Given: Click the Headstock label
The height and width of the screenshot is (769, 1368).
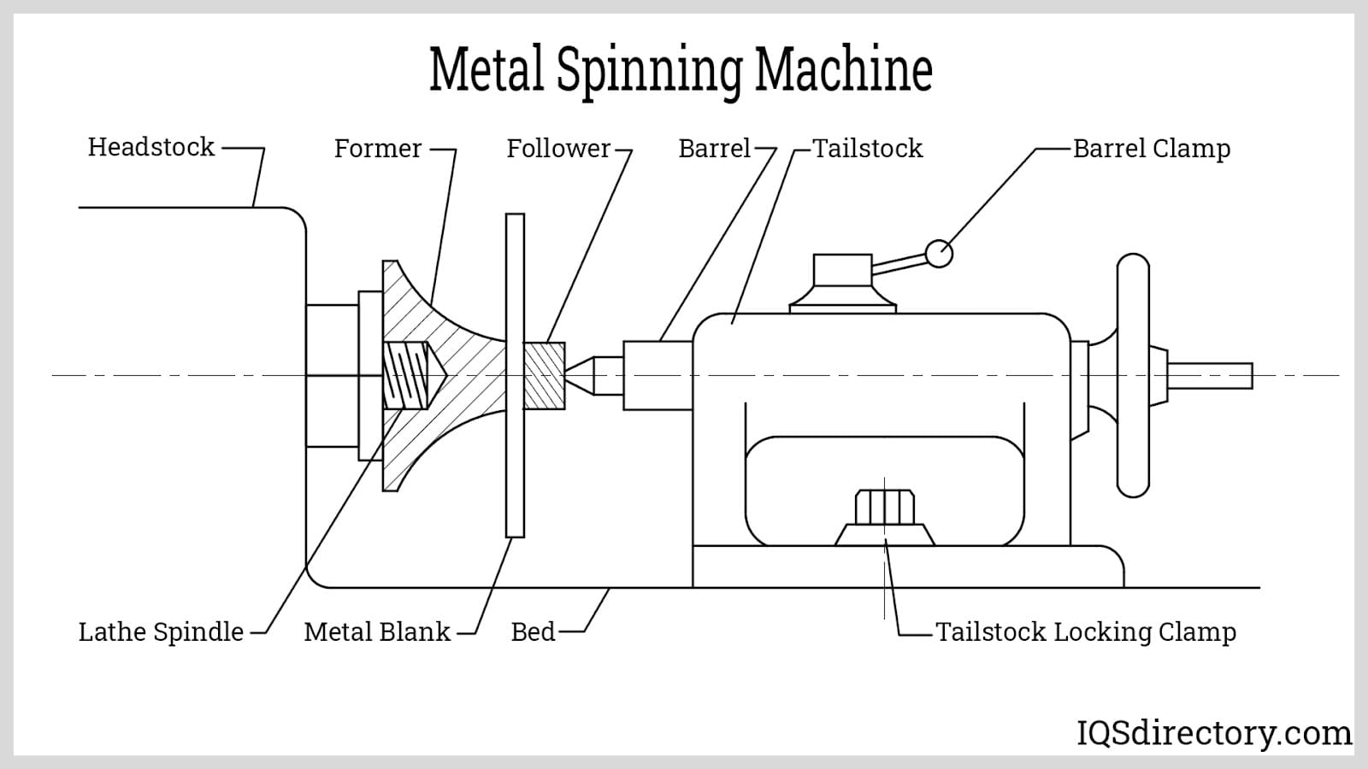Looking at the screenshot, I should click(x=150, y=147).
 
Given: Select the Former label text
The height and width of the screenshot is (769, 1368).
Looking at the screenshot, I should click(x=377, y=149).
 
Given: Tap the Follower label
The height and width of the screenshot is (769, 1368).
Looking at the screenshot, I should click(x=558, y=149).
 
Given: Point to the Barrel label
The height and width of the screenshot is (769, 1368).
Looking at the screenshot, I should click(x=714, y=149).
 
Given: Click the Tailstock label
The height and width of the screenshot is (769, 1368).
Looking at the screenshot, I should click(x=867, y=149).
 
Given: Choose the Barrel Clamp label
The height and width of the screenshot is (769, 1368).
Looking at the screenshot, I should click(x=1151, y=149).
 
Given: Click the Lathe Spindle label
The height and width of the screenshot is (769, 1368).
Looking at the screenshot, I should click(x=161, y=632).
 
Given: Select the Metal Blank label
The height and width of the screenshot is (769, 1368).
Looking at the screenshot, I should click(x=376, y=632).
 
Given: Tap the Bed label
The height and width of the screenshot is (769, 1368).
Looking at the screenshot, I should click(x=533, y=632).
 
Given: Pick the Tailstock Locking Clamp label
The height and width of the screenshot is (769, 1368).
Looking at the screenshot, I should click(x=1085, y=632).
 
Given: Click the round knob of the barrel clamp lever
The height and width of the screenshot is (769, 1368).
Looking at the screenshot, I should click(x=939, y=254).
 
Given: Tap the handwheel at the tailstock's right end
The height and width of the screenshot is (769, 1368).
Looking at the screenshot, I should click(x=1133, y=375).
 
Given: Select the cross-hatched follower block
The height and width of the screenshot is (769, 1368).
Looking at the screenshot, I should click(x=544, y=375).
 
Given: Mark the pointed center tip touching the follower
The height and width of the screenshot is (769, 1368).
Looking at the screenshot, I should click(x=578, y=375).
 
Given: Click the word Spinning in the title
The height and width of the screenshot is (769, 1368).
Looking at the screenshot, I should click(x=649, y=70).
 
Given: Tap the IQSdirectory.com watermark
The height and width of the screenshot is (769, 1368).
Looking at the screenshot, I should click(x=1213, y=733).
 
